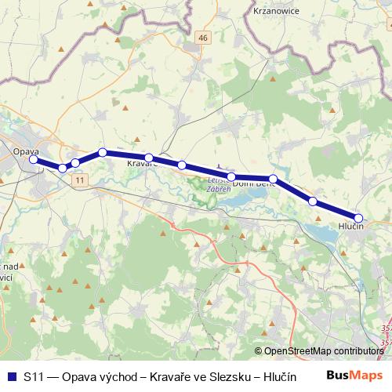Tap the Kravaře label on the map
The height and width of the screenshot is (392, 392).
(x=141, y=165)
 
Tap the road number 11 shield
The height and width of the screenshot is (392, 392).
(x=81, y=180)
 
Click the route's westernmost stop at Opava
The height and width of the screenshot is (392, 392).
(x=34, y=159)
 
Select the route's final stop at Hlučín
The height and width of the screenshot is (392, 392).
(x=358, y=218)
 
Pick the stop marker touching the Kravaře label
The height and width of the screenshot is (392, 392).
(x=148, y=158)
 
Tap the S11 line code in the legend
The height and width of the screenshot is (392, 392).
(x=33, y=375)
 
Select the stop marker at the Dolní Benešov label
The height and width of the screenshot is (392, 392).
(x=273, y=179)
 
